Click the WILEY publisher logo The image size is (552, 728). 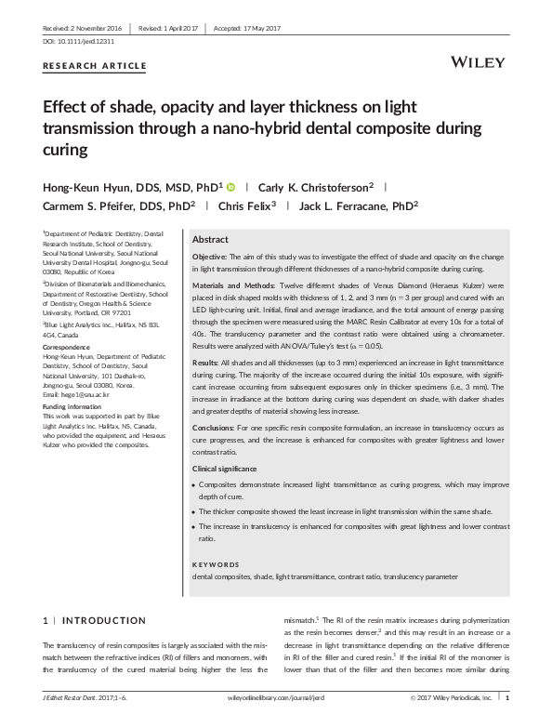click(x=477, y=60)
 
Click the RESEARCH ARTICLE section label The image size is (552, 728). click(x=95, y=65)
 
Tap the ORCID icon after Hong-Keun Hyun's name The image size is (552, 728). click(x=232, y=186)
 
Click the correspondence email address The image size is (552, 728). click(x=82, y=396)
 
